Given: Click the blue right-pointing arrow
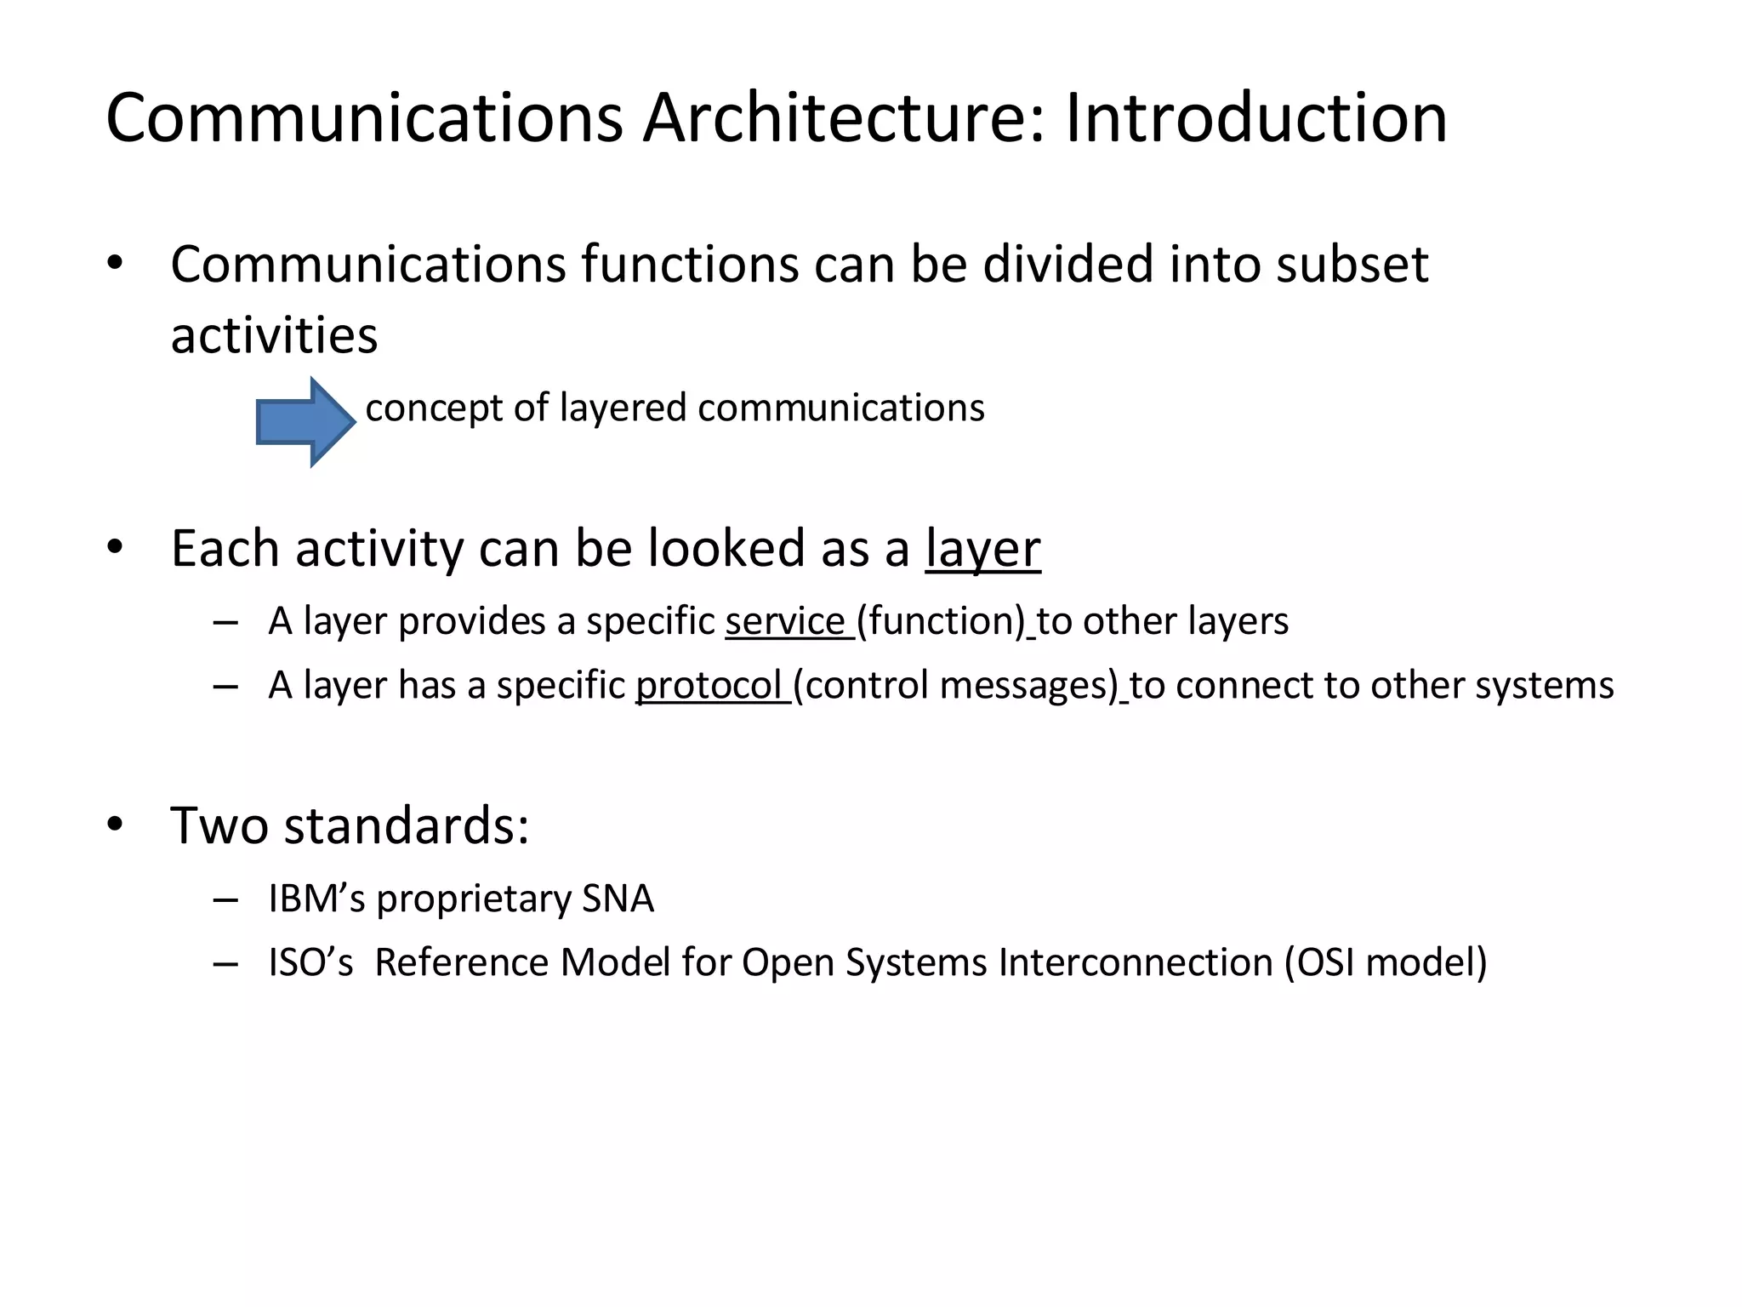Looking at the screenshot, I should tap(305, 422).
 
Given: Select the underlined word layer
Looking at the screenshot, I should tap(982, 550).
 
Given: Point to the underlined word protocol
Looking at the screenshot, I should tap(709, 686).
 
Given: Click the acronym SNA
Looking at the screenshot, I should tap(618, 899).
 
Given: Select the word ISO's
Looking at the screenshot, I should tap(310, 963).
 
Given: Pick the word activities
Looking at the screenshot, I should tap(274, 335).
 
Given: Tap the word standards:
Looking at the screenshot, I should tap(407, 825).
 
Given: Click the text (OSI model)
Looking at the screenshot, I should tap(1386, 963).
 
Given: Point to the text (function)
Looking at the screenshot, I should tap(941, 621).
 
